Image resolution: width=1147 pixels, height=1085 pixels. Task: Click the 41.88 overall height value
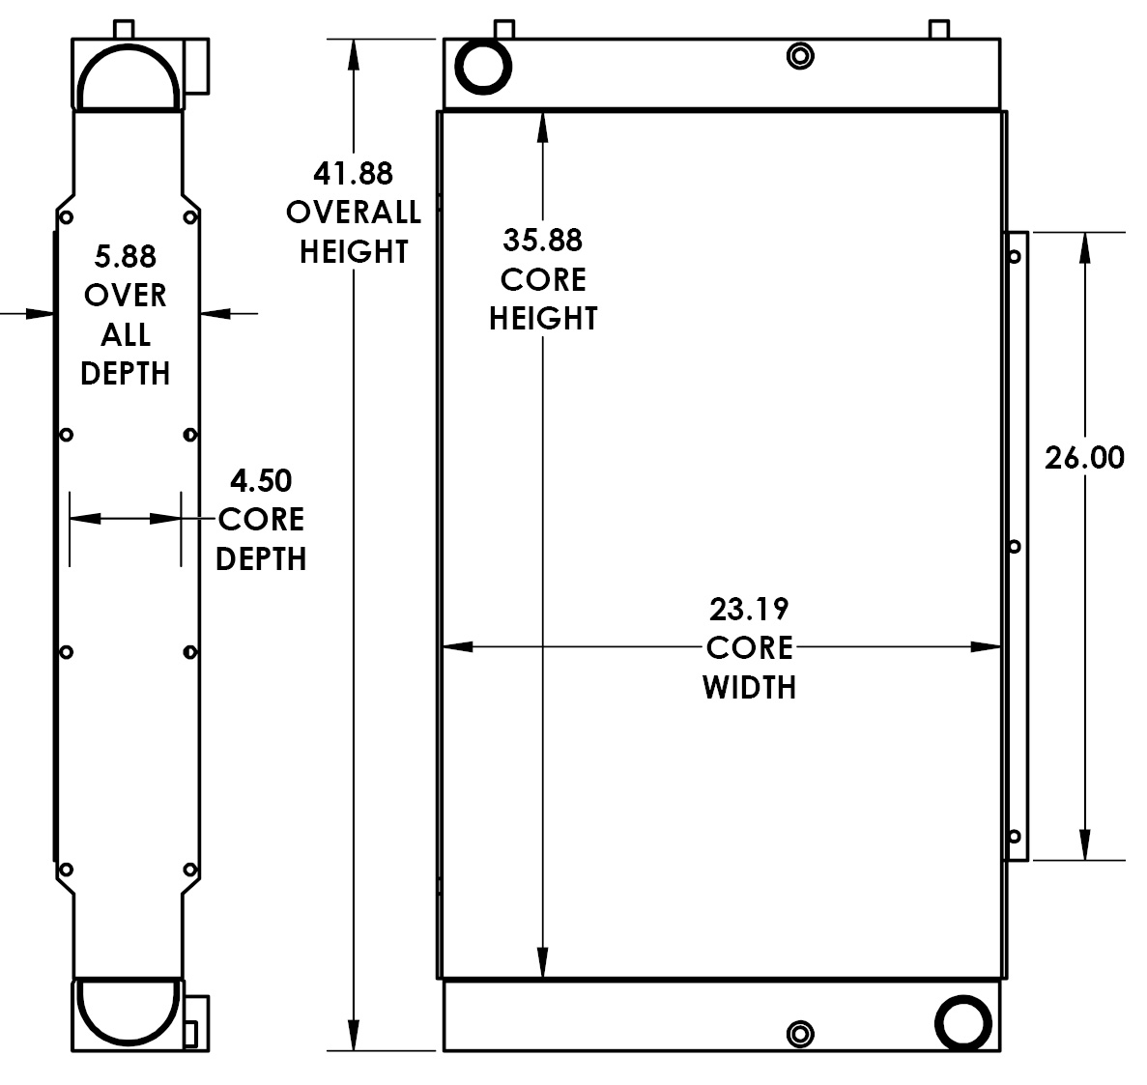[353, 173]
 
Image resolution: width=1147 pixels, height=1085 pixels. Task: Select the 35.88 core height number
[542, 240]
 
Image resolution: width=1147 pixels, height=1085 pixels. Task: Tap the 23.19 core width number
[749, 609]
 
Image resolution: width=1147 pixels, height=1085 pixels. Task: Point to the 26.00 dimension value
[1084, 457]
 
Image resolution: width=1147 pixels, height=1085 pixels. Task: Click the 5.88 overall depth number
[125, 256]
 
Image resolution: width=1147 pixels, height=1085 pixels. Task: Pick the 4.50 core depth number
[261, 480]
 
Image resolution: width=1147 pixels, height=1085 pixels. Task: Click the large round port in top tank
[483, 67]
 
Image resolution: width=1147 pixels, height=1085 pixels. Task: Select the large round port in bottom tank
[963, 1020]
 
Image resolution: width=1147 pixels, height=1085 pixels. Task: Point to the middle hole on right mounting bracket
[1015, 547]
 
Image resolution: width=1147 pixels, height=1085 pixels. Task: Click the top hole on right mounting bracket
[1015, 256]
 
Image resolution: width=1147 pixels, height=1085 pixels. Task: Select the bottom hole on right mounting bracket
[1015, 836]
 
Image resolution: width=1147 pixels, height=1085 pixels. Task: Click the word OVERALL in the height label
[353, 213]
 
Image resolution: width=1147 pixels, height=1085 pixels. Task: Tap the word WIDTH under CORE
[749, 687]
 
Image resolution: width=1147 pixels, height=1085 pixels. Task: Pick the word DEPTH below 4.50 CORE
[261, 558]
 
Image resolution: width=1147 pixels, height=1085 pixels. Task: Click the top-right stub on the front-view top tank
[937, 29]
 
